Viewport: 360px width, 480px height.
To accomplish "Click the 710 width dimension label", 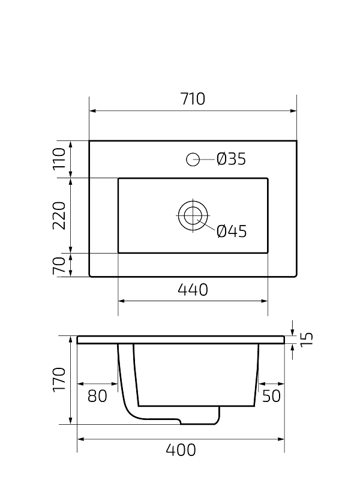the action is pyautogui.click(x=193, y=99).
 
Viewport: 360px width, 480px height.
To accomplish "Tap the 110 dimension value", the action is pyautogui.click(x=59, y=158).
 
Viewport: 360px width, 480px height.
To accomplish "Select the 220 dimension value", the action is pyautogui.click(x=59, y=215).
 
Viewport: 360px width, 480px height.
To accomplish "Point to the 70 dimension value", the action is pyautogui.click(x=59, y=266).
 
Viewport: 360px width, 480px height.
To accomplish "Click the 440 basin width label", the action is pyautogui.click(x=193, y=290).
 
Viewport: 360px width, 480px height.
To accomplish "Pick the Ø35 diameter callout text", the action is pyautogui.click(x=231, y=159).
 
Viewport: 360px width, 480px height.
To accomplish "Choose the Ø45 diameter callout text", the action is pyautogui.click(x=232, y=231).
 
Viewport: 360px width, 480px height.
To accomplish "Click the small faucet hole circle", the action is pyautogui.click(x=193, y=160).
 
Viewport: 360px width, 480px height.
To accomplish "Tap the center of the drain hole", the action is pyautogui.click(x=193, y=215).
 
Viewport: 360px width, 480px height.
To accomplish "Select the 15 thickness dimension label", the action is pyautogui.click(x=307, y=339).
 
